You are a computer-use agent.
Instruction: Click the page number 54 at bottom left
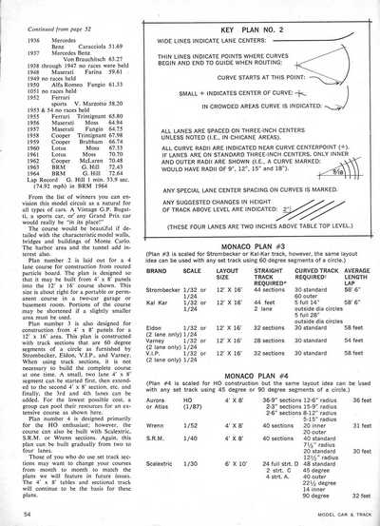click(x=18, y=514)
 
